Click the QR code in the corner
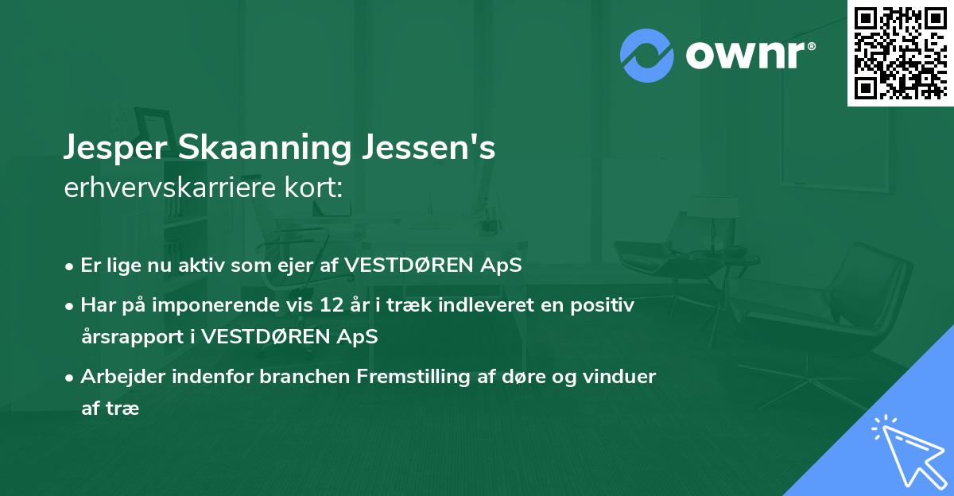click(901, 52)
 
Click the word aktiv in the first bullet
click(209, 265)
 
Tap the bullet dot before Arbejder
click(71, 378)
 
